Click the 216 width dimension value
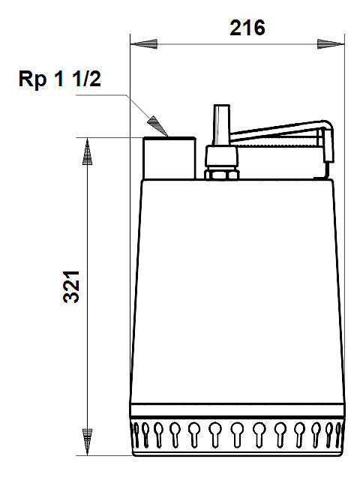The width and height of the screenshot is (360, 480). (x=247, y=28)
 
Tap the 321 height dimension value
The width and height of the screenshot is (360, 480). (x=72, y=286)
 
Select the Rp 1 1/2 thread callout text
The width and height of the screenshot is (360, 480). (x=60, y=79)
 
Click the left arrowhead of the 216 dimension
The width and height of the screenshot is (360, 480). (x=144, y=44)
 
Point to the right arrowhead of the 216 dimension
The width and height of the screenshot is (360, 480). (x=331, y=44)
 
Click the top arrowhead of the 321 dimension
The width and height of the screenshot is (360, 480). (x=87, y=151)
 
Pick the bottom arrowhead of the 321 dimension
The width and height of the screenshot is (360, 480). (x=87, y=442)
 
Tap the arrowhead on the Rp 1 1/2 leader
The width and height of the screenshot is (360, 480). (x=158, y=126)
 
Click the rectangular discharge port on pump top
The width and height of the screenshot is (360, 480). (x=169, y=158)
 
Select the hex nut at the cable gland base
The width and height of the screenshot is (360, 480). (x=222, y=174)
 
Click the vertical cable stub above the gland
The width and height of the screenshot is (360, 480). (x=222, y=125)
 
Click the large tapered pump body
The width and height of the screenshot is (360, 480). (x=238, y=292)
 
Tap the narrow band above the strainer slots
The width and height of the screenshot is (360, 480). (x=238, y=411)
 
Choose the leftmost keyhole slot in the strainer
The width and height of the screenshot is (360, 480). (x=136, y=435)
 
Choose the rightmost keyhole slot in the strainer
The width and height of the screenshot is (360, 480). (x=338, y=435)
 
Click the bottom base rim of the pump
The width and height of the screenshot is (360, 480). (x=238, y=453)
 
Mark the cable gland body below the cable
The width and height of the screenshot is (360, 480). (x=222, y=157)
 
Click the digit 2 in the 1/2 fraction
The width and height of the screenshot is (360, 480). (x=94, y=79)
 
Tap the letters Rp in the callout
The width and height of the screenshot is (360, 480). (x=32, y=79)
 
